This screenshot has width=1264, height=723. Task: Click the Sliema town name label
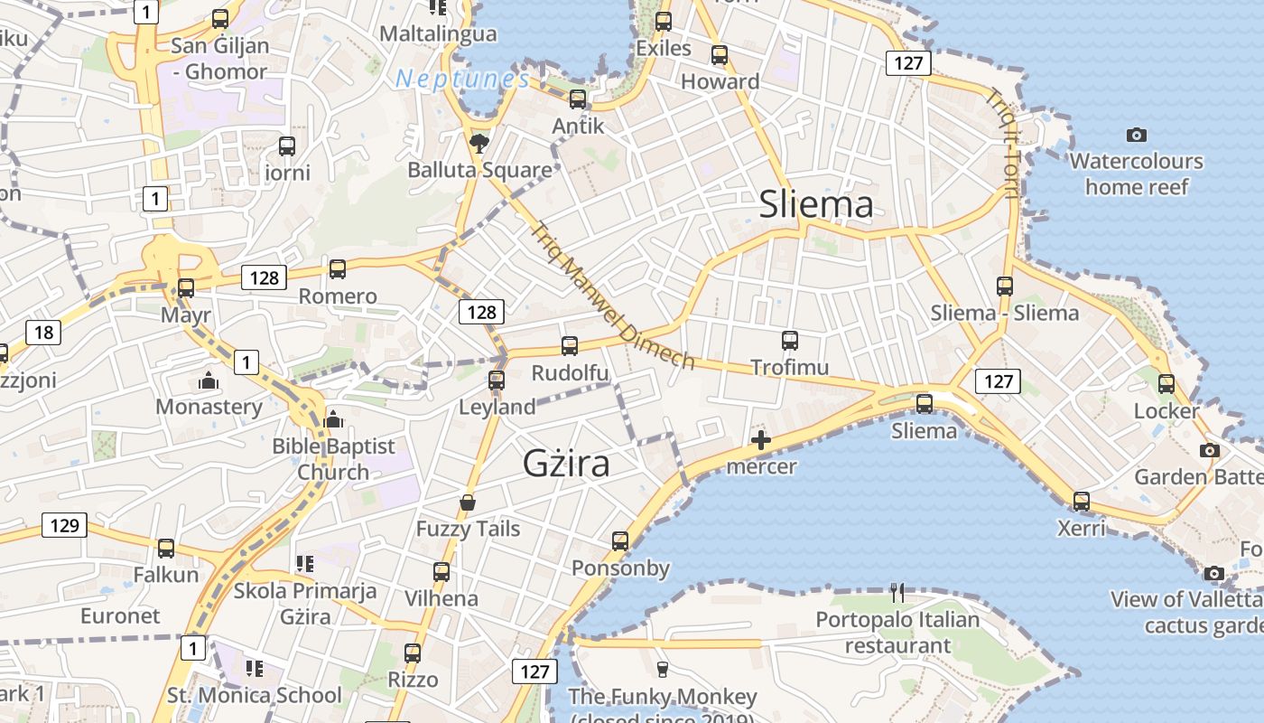click(x=816, y=204)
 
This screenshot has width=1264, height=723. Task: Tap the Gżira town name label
click(x=566, y=463)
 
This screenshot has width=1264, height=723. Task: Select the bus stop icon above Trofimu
click(x=790, y=341)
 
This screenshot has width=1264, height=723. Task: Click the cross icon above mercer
click(x=761, y=440)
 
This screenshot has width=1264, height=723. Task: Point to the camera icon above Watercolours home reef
click(x=1137, y=136)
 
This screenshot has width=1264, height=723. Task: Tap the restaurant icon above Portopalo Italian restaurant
click(x=897, y=593)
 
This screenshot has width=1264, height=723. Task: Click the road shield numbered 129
click(x=65, y=525)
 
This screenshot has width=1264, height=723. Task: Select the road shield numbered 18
click(x=43, y=333)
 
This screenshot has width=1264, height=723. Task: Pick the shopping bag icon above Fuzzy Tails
click(x=468, y=502)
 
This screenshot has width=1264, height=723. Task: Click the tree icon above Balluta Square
click(x=479, y=143)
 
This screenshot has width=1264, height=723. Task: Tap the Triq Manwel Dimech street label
click(x=614, y=296)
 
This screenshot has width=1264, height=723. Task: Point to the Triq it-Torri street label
click(x=1003, y=145)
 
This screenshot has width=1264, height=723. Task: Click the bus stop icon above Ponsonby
click(x=620, y=541)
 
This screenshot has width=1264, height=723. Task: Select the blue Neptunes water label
click(x=462, y=79)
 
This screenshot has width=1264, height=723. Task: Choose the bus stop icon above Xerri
click(x=1081, y=501)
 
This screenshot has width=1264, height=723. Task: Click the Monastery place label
click(x=209, y=407)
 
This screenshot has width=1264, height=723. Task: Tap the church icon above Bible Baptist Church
click(x=333, y=419)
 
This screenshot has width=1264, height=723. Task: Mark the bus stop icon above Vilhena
click(x=441, y=571)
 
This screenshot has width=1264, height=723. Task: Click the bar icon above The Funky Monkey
click(x=663, y=669)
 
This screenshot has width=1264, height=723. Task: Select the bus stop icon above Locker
click(x=1166, y=384)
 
